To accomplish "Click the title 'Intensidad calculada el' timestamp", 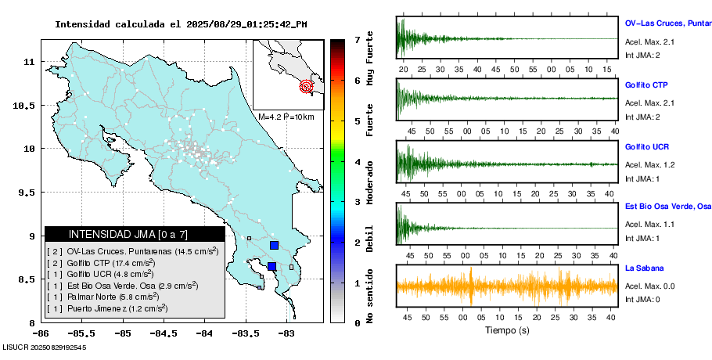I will pos(181,24).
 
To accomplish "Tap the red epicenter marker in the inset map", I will pos(307,87).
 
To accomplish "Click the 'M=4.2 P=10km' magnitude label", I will pos(286,117).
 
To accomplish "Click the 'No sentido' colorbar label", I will pos(369,298).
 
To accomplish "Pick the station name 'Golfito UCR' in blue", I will pos(646,147).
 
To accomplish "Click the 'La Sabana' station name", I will pos(643,268).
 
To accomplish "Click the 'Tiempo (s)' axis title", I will pos(507,330).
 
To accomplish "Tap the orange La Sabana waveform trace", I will pos(507,286).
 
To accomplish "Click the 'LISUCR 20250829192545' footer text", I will pos(45,347).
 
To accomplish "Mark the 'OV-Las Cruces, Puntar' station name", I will pos(667,23).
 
